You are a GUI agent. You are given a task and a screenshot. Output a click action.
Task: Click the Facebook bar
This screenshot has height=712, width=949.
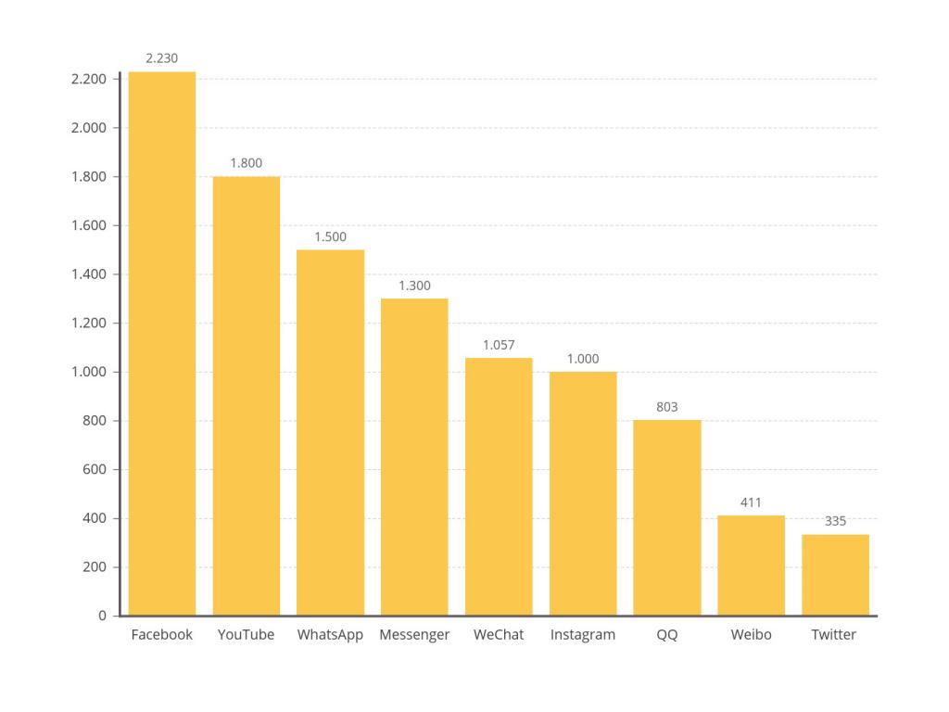[162, 343]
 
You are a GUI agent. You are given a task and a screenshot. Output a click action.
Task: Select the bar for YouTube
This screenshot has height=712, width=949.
[247, 396]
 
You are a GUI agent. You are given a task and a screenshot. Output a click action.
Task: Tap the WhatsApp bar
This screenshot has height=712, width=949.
[330, 432]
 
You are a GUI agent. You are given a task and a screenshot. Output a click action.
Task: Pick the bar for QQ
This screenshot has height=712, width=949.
[667, 517]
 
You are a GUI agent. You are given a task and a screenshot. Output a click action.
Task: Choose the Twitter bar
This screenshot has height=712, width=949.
[835, 575]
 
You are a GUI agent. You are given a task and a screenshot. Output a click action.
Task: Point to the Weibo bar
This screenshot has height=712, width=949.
[751, 566]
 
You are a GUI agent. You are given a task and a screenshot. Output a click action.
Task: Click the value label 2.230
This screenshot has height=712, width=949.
[162, 58]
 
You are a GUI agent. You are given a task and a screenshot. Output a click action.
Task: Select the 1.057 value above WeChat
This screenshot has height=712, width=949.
[499, 345]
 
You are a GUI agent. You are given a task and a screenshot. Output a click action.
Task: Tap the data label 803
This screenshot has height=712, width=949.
[667, 407]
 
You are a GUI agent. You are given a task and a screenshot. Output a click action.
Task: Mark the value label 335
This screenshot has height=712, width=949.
[835, 521]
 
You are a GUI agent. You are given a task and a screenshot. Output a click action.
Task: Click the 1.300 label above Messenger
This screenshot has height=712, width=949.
[414, 286]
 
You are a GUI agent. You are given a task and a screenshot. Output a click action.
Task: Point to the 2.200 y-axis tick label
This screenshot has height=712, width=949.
[89, 79]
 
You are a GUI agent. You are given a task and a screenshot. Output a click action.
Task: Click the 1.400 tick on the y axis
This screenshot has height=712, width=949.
[89, 274]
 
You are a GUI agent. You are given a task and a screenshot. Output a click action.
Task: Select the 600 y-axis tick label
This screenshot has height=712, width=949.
[96, 469]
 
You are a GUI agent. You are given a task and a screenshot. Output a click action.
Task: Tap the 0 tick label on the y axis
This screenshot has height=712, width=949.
[103, 616]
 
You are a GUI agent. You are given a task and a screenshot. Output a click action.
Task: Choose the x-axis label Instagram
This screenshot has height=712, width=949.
[583, 635]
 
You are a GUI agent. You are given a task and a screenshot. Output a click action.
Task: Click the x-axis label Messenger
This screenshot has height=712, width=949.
[414, 635]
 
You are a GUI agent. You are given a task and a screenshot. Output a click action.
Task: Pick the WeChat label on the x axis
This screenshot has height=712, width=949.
[499, 635]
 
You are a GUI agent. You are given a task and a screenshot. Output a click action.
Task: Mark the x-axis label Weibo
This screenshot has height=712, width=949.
[751, 635]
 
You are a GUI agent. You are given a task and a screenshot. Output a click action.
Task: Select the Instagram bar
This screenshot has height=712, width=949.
[583, 493]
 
